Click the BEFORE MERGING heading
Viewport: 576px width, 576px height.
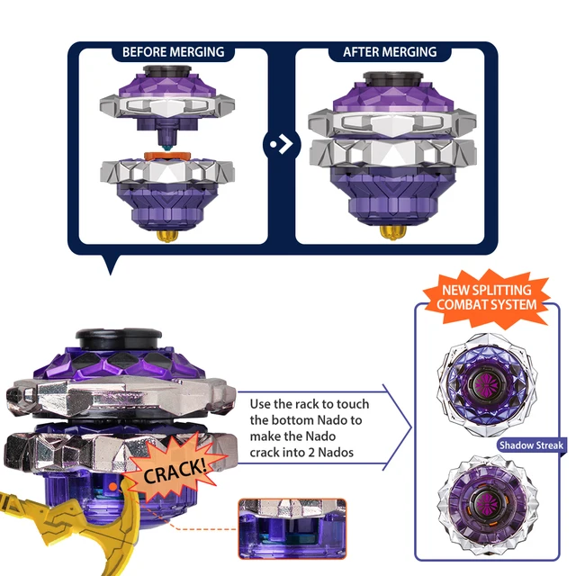click(173, 52)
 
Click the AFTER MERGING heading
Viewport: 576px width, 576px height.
click(389, 52)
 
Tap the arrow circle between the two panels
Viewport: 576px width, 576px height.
click(282, 144)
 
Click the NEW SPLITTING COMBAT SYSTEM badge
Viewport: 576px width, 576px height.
click(492, 298)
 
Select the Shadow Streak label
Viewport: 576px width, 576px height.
click(531, 445)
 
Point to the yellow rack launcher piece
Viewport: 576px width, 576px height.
click(54, 531)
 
